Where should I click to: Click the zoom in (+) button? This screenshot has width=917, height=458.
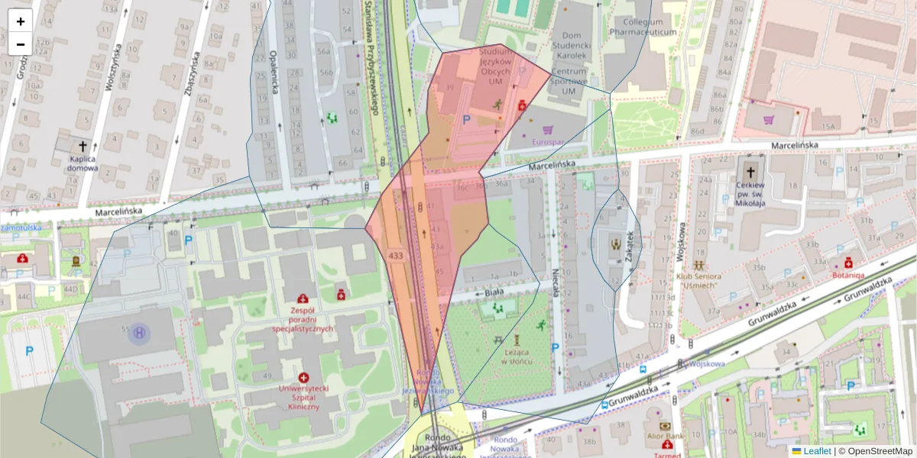pos(21,21)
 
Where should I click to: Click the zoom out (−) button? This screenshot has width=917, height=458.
pos(21,44)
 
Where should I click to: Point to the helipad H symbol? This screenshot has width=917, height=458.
pos(139,333)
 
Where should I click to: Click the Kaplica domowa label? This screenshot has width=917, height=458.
pos(81,163)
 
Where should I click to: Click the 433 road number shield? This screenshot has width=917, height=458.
pos(396,255)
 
